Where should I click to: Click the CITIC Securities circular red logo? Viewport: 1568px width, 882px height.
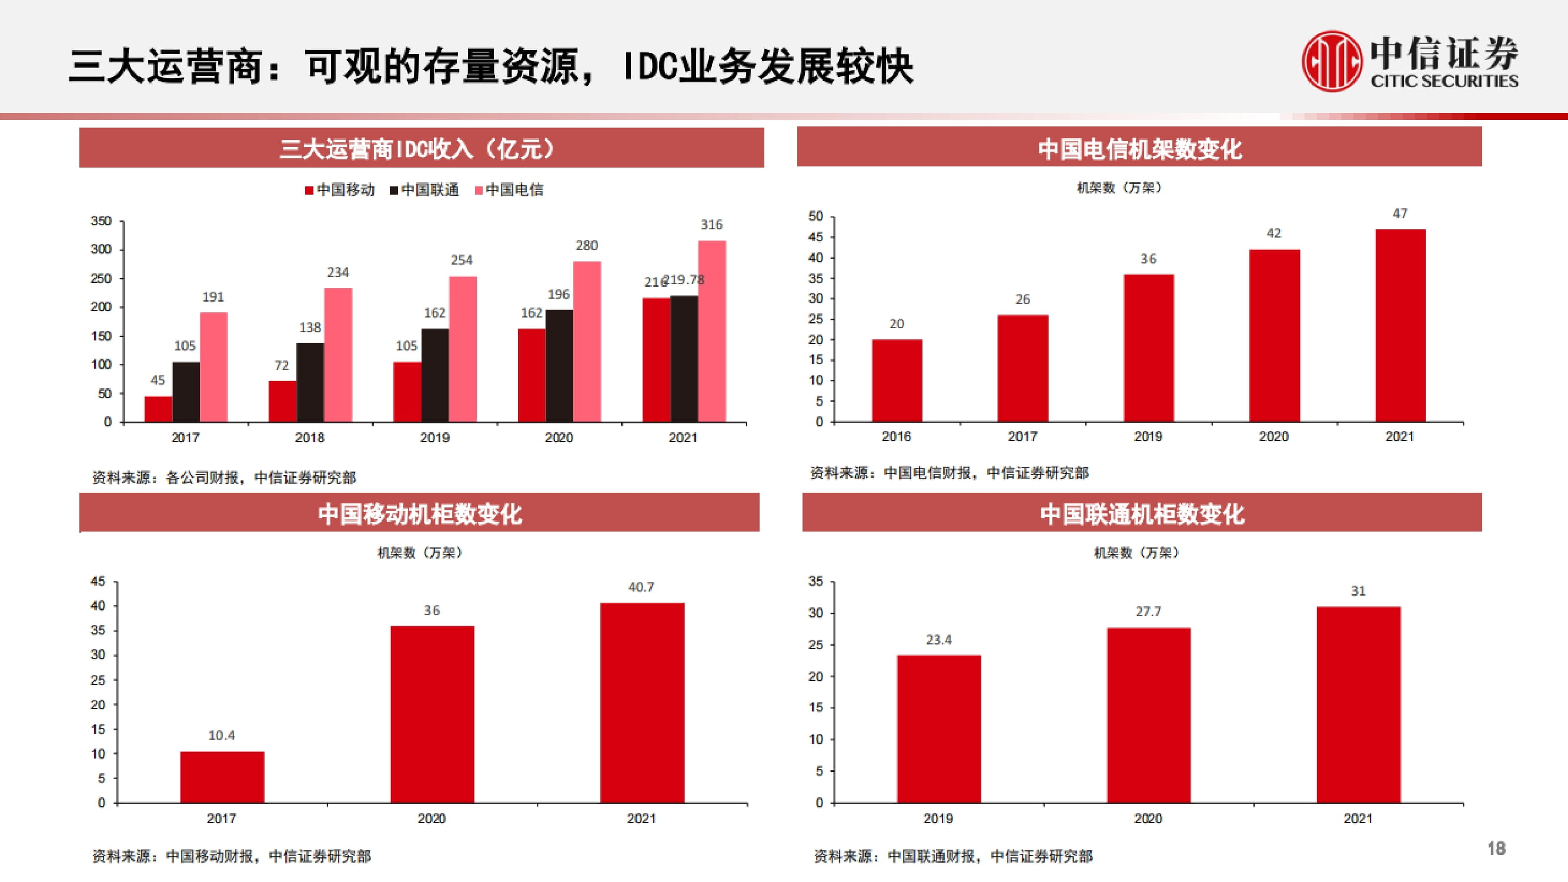[1331, 62]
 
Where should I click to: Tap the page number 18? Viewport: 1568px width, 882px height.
[1496, 848]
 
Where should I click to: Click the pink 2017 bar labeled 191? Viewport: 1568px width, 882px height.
[213, 366]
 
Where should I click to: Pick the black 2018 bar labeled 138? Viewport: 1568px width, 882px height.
[310, 382]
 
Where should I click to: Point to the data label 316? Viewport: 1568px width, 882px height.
[711, 225]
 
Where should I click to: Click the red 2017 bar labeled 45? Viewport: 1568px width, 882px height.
[158, 409]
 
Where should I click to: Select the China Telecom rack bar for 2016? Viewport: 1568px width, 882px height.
[897, 380]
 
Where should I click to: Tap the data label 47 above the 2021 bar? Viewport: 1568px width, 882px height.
[1399, 213]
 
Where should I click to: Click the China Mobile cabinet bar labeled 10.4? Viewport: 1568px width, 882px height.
[222, 777]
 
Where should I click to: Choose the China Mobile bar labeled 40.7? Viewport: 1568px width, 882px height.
[641, 703]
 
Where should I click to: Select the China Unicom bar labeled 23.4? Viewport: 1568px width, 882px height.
[938, 729]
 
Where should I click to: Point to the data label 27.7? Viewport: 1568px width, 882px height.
[1148, 612]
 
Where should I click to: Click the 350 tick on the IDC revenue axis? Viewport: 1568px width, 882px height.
[101, 221]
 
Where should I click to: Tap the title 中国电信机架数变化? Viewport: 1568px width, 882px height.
[1139, 149]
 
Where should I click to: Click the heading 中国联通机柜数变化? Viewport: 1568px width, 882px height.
[1141, 514]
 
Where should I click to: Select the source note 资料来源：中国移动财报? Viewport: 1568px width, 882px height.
[231, 857]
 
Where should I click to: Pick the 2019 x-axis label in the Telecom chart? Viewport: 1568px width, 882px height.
[1148, 436]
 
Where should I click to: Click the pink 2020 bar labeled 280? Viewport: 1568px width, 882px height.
[587, 342]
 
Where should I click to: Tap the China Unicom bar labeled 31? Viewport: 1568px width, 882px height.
[1358, 704]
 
